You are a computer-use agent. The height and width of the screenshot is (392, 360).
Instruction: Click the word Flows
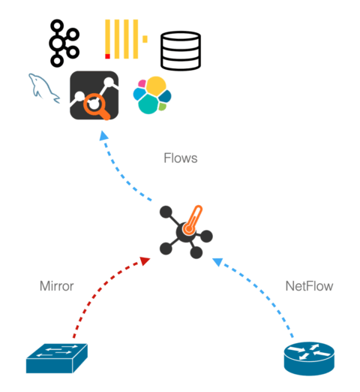pos(181,158)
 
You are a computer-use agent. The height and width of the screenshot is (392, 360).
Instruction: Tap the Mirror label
pos(57,286)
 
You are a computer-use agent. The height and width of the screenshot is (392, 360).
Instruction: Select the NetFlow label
pos(309,286)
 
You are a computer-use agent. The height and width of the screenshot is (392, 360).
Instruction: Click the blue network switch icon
pos(57,358)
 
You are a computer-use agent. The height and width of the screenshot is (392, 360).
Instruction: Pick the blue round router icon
pos(309,358)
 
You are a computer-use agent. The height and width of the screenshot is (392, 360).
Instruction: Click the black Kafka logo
pos(64,44)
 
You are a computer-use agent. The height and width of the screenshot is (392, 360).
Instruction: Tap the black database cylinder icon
pos(181,50)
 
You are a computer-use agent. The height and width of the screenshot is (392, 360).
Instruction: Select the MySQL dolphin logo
pos(43,88)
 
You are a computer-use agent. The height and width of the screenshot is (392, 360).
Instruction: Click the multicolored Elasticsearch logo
pos(152,95)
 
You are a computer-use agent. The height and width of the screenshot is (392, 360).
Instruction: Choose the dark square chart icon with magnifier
pos(94,95)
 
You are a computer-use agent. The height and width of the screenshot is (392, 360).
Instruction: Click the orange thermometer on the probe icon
pos(193,221)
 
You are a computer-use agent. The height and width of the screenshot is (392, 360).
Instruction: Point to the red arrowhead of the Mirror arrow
pos(145,261)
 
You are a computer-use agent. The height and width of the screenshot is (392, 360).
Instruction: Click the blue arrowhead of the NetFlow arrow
pos(217,262)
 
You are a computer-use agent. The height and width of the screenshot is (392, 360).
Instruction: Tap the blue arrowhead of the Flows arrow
pos(103,135)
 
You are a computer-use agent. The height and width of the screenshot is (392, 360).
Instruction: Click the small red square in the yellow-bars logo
pos(107,56)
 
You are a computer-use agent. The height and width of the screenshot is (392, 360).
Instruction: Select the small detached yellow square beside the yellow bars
pos(145,39)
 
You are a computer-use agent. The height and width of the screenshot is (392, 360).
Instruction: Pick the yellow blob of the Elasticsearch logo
pos(156,86)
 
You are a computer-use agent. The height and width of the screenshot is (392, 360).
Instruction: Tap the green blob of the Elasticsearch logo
pos(162,107)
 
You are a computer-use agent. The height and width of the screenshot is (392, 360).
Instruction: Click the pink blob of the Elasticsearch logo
pos(142,83)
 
